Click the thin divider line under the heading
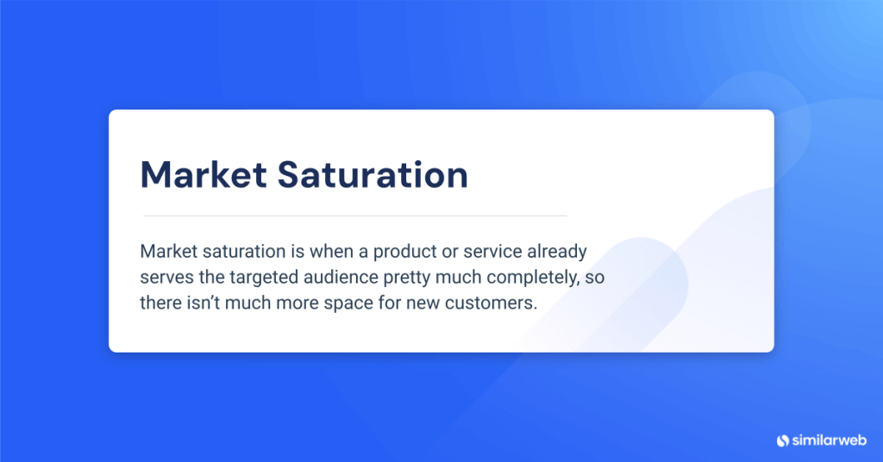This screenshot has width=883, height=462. coord(354,215)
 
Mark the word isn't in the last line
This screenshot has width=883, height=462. coord(196,303)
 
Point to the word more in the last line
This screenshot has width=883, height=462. coord(275,303)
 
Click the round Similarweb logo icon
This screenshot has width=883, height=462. coord(783,440)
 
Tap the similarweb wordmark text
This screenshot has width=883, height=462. coord(826,440)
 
